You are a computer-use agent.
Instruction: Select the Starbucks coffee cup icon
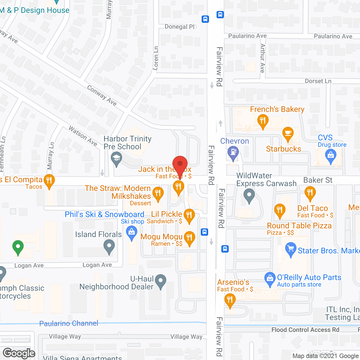pos(288,133)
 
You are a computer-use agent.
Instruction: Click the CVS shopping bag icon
pos(331,156)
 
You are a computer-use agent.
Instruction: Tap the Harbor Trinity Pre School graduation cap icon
pos(116,158)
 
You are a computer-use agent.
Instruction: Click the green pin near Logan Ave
pos(18,247)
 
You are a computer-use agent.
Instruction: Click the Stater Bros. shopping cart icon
pos(291,249)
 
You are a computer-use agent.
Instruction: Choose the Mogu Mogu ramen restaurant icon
pos(189,238)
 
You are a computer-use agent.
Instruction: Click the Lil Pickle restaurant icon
pos(189,215)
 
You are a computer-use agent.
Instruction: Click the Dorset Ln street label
pos(318,81)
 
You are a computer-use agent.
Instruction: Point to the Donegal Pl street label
pos(180,27)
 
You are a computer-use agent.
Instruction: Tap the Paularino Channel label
pos(69,323)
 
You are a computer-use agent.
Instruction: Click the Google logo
pos(19,353)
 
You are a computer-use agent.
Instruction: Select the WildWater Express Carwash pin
pos(249,195)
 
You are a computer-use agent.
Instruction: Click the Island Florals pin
pos(109,247)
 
